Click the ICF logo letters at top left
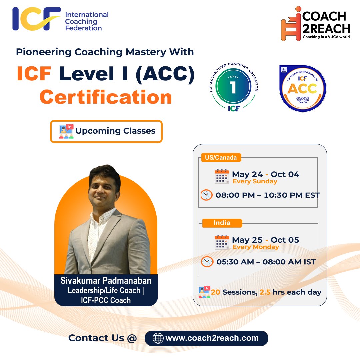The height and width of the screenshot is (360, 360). (x=36, y=19)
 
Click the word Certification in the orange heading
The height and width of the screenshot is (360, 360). (x=106, y=97)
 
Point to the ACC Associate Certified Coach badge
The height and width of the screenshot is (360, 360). (x=302, y=88)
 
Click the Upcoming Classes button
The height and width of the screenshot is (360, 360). (x=106, y=131)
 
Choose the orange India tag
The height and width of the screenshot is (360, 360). (x=222, y=223)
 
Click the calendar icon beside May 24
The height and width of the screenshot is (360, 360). (x=222, y=176)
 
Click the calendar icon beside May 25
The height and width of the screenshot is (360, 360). (x=222, y=242)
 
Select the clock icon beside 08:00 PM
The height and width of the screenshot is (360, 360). (x=206, y=195)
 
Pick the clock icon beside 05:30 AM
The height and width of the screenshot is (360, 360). (x=207, y=262)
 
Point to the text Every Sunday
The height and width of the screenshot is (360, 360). (x=255, y=181)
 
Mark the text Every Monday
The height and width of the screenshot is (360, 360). (x=256, y=247)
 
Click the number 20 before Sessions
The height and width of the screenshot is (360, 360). (x=215, y=292)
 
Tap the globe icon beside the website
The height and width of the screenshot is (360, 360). (x=158, y=338)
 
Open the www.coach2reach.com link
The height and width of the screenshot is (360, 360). (x=212, y=338)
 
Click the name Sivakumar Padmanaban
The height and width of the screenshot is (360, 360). (x=106, y=280)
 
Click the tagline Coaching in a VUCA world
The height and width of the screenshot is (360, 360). (x=326, y=37)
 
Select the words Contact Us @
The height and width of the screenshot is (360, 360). (x=103, y=338)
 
